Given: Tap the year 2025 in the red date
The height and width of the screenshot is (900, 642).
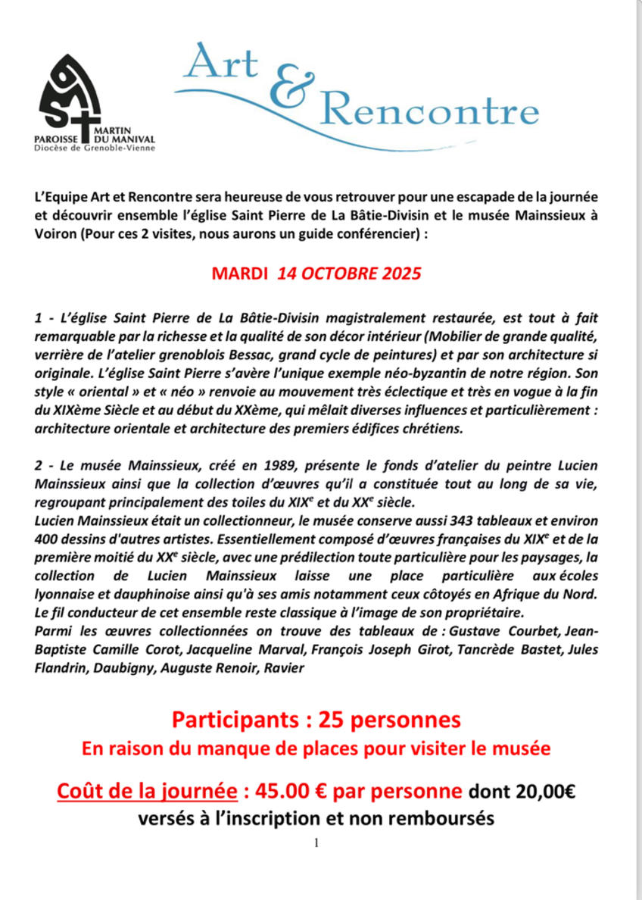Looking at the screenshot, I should pyautogui.click(x=396, y=273).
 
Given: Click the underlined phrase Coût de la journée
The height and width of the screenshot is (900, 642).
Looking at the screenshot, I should pyautogui.click(x=145, y=792).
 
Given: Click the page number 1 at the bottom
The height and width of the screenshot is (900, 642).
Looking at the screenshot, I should pyautogui.click(x=316, y=842).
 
